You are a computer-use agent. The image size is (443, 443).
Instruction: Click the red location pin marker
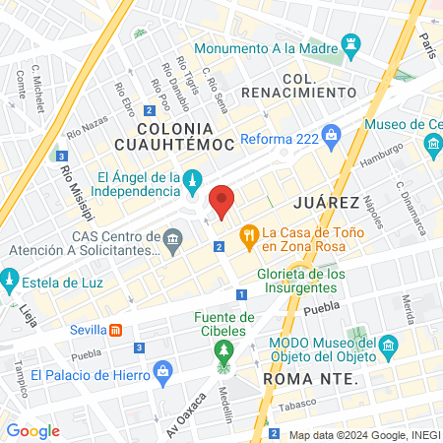coord(223,202)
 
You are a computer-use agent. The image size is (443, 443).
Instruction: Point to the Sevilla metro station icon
coord(116,330)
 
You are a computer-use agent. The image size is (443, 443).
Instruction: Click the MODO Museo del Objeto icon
coord(389,346)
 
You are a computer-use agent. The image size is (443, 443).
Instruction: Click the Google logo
coord(32,430)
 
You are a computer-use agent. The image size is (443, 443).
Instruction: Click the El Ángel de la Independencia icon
coord(193,177)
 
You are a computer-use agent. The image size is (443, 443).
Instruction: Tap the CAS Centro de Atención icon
coord(173,238)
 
